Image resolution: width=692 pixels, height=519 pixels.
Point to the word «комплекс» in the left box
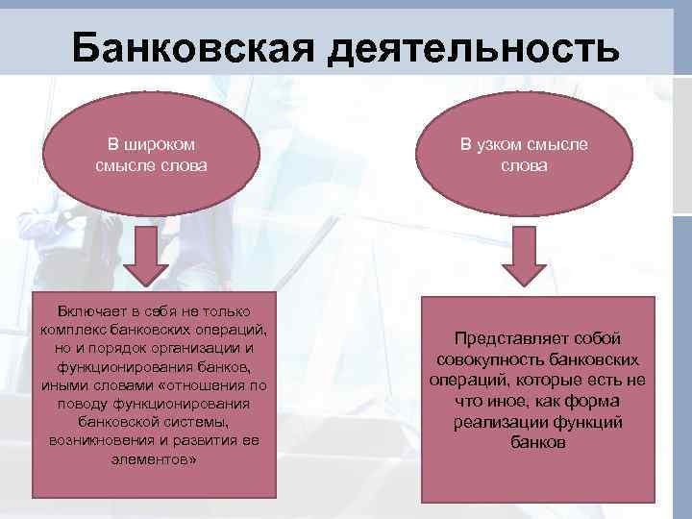(74, 330)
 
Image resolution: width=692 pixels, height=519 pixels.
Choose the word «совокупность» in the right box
(492, 359)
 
